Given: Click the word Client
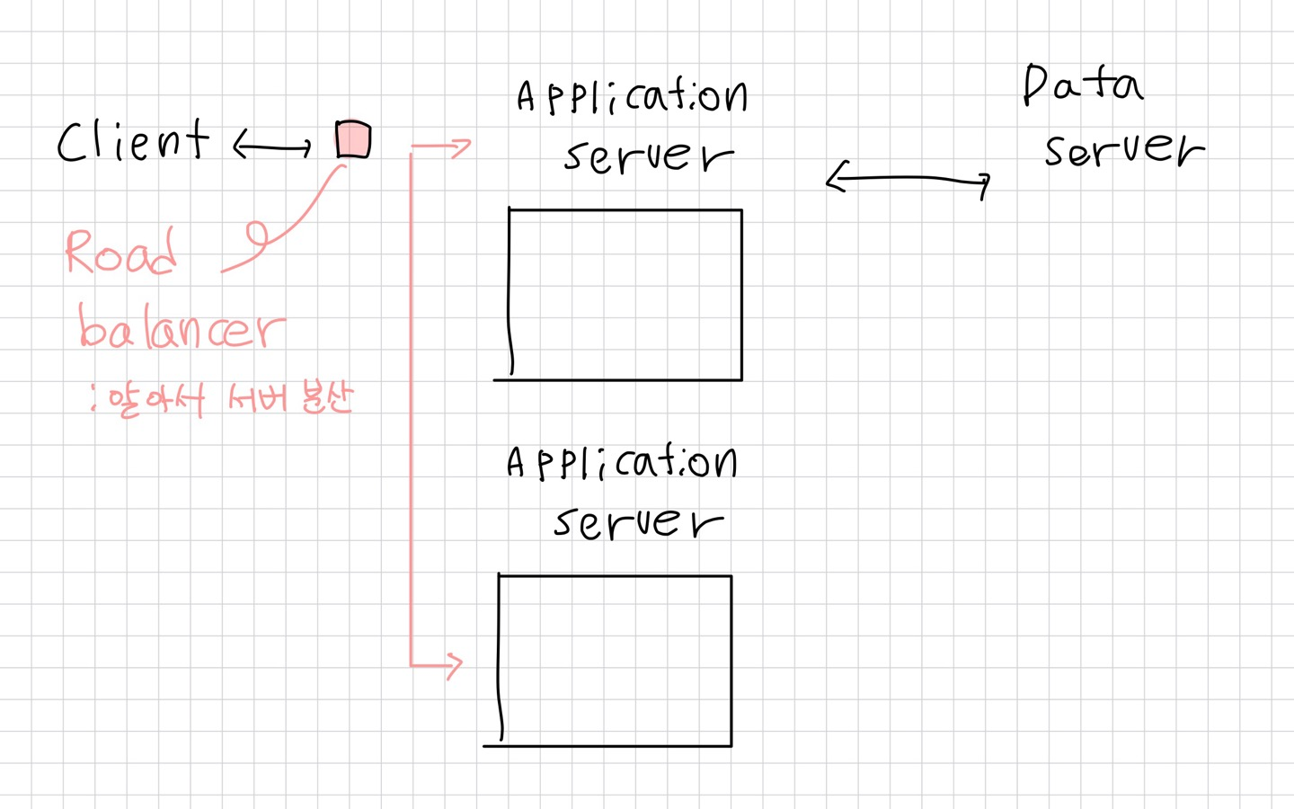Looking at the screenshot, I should tap(133, 142).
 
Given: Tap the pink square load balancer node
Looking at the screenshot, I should tap(353, 139).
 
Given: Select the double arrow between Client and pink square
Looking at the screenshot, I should tap(272, 145).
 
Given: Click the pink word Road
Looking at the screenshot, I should tap(120, 253).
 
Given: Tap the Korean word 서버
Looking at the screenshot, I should tap(258, 397).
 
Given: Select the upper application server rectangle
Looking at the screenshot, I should tap(625, 295).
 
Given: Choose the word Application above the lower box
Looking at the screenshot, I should tap(622, 463).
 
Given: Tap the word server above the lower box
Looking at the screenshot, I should tap(638, 521).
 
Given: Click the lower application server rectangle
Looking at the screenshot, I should tap(616, 661).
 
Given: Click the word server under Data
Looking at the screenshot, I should tap(1123, 149).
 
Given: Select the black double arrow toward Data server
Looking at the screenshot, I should tap(908, 180).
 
